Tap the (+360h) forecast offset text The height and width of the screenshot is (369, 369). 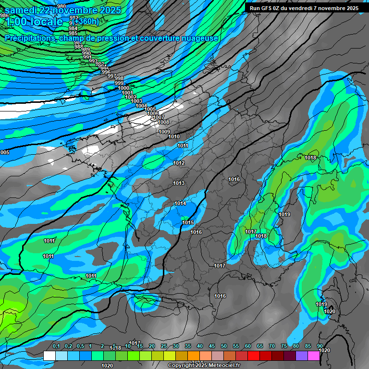[86, 21]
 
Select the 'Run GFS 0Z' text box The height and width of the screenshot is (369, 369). [304, 8]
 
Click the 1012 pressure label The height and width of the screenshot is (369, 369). [179, 163]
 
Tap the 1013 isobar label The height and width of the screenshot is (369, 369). [179, 183]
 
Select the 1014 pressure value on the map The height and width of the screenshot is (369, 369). [180, 204]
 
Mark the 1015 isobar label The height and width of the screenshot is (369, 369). [188, 222]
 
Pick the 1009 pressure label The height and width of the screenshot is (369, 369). [164, 132]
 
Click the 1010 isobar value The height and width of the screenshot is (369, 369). [174, 137]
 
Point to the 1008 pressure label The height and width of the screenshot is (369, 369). [163, 122]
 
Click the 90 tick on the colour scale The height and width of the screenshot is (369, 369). [320, 346]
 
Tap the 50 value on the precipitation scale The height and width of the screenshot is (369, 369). [224, 346]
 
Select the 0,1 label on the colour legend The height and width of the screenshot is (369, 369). [56, 346]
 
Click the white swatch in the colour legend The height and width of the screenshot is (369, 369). [49, 356]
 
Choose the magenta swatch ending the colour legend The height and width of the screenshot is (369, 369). [314, 356]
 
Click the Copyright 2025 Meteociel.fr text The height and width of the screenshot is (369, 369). [203, 366]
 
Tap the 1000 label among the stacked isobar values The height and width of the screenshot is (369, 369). [123, 88]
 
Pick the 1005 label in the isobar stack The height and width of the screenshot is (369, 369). [150, 110]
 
